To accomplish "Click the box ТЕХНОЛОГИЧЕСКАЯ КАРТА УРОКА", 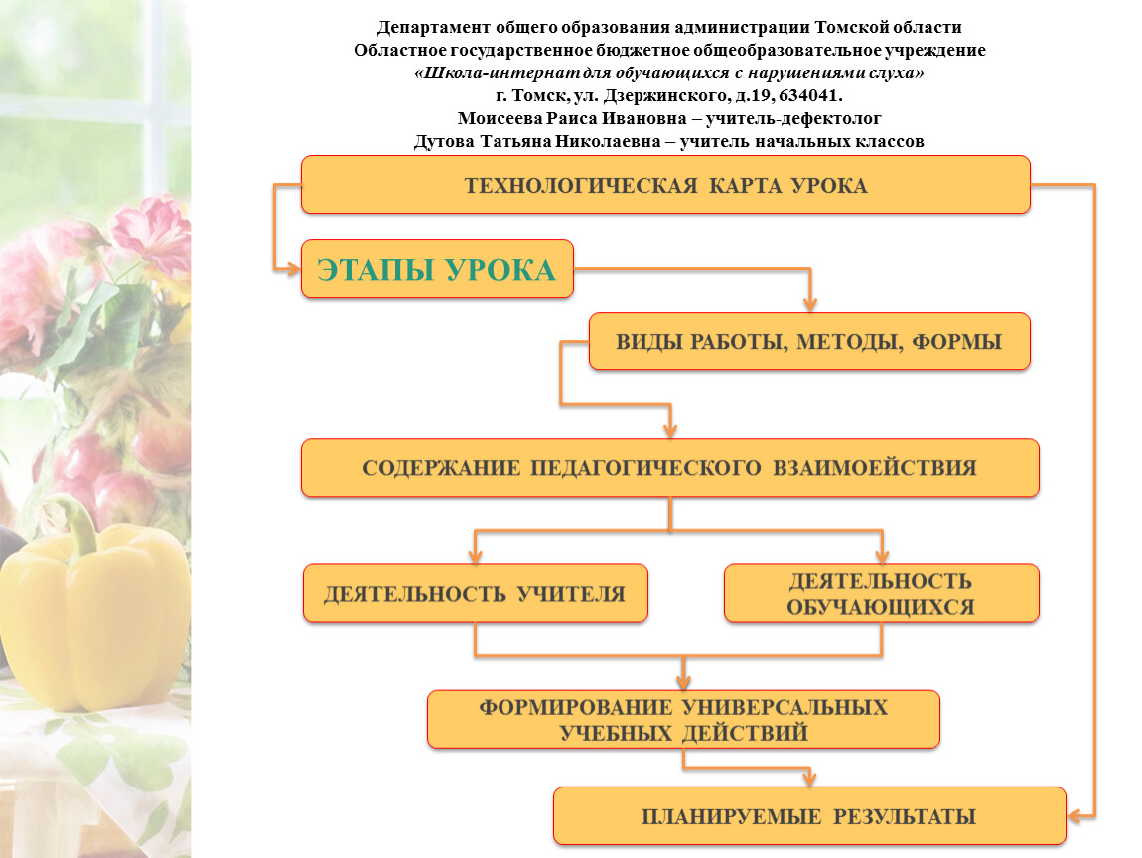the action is [x=665, y=185].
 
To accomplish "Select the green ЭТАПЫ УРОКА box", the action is [x=437, y=269].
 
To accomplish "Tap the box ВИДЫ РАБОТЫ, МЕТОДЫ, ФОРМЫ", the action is [x=809, y=341].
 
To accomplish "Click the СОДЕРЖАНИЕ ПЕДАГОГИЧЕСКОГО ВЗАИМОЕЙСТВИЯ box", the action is [x=670, y=468].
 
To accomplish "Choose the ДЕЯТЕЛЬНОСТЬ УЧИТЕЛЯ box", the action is [x=475, y=593].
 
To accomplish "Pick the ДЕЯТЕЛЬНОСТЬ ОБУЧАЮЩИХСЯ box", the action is [x=881, y=593].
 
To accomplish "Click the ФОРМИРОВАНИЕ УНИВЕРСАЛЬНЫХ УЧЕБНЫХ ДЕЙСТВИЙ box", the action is [x=683, y=720].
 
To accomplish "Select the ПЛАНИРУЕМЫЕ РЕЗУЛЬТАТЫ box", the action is [x=809, y=815].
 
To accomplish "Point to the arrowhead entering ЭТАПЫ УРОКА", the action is [x=293, y=269].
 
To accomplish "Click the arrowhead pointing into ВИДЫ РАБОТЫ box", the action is [x=810, y=304].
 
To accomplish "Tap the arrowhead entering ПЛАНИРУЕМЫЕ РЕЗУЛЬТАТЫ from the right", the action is [x=1075, y=815].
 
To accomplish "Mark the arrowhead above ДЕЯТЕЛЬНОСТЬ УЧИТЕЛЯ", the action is [x=475, y=556].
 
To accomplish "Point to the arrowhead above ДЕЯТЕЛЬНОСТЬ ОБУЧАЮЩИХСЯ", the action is [x=882, y=556].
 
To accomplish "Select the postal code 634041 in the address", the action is [x=807, y=95].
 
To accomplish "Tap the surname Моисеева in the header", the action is [x=500, y=118].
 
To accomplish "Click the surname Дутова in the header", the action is [x=444, y=141].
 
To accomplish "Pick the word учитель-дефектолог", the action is [x=793, y=118].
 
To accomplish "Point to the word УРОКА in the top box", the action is [x=829, y=185].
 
